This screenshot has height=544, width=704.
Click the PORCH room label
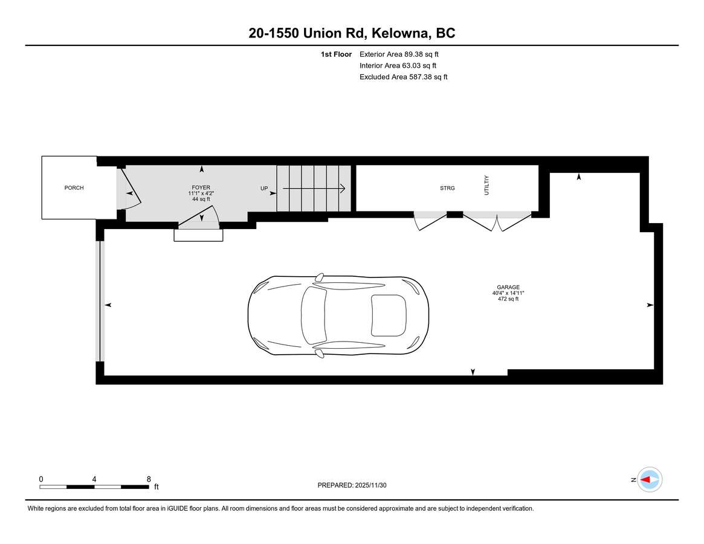point(74,188)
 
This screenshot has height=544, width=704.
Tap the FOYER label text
point(201,188)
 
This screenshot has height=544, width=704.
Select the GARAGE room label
point(508,288)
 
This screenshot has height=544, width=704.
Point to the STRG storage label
point(447,188)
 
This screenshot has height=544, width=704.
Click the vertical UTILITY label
point(486,185)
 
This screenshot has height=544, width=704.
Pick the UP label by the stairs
point(264,188)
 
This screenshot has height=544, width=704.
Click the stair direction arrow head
point(342,188)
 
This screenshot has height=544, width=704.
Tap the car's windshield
point(314,316)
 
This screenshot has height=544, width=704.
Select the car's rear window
point(389,316)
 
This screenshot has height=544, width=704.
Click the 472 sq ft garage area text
point(508,299)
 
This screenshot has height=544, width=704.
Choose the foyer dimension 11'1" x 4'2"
point(201,193)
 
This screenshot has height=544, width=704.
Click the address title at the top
point(352,33)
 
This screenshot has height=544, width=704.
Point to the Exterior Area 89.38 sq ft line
point(399,54)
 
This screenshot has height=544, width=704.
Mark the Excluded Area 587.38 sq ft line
point(404,77)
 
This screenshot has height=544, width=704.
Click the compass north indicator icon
point(650,480)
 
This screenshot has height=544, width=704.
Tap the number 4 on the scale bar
point(94,479)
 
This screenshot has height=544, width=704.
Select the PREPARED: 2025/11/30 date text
point(352,485)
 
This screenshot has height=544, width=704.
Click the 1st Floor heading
point(336,54)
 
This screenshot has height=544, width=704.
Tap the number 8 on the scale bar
point(149,479)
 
